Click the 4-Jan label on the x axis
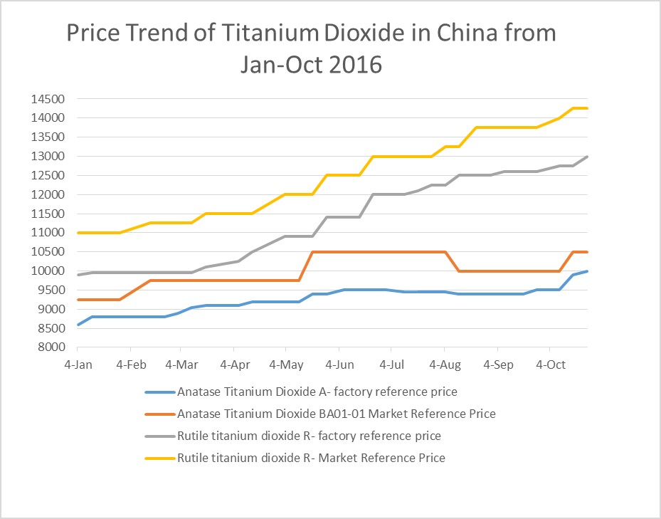tap(78, 365)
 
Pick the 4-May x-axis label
tap(285, 365)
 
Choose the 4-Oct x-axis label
tap(549, 365)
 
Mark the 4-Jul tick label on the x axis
tap(391, 365)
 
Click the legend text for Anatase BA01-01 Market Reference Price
tap(336, 414)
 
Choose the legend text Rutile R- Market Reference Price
tap(311, 458)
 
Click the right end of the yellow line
tap(587, 108)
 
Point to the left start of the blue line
tap(78, 325)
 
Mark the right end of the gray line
tap(587, 157)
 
